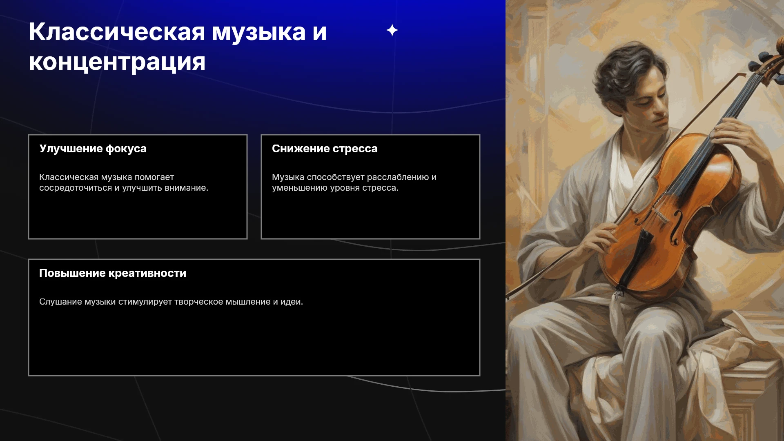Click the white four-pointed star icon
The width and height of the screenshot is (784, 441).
pos(392,30)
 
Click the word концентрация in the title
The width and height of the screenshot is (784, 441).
pos(117,62)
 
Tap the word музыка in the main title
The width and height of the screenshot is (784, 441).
pos(259,32)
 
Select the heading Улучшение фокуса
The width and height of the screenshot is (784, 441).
pos(93,149)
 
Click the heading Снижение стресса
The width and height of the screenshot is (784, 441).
pos(325,149)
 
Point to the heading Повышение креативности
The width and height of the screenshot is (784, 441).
pos(113,273)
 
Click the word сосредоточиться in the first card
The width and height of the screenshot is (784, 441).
pos(76,188)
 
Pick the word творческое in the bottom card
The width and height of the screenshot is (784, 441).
pos(198,302)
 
